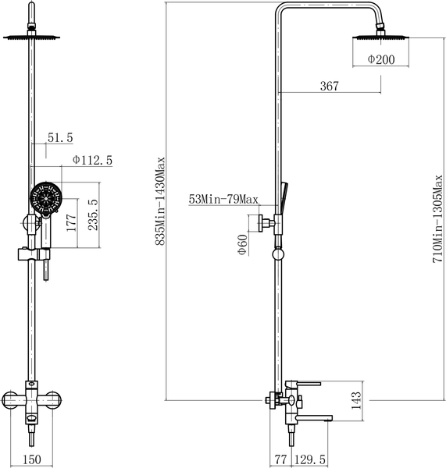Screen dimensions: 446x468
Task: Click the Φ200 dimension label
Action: (x=381, y=59)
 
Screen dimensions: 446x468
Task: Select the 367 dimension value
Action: (x=330, y=86)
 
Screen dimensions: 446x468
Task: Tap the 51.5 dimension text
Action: (x=60, y=137)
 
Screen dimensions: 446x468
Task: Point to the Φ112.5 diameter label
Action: (x=92, y=160)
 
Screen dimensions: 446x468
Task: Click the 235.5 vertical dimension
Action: (x=93, y=214)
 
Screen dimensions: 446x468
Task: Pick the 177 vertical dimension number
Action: (x=71, y=222)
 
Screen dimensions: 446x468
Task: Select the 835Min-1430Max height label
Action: (x=160, y=201)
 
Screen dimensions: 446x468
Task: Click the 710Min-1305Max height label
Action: (x=437, y=218)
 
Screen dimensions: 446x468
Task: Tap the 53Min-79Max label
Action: (x=223, y=199)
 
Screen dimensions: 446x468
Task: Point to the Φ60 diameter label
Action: (x=242, y=245)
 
